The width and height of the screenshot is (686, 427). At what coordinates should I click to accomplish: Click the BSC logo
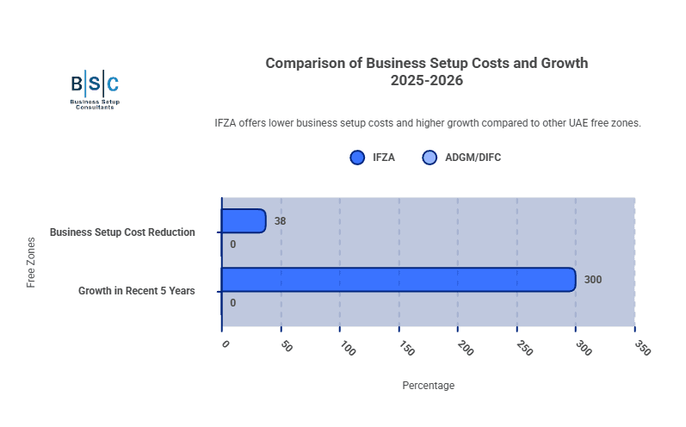(95, 90)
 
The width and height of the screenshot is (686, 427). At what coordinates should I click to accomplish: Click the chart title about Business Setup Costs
(426, 71)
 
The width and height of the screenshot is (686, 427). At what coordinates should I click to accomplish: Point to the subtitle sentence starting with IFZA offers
(427, 123)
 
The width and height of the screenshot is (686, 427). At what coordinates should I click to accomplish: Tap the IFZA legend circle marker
(358, 158)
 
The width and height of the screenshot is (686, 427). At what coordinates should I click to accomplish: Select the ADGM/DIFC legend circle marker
(430, 158)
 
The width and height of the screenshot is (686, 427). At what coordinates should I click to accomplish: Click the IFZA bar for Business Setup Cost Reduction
(244, 221)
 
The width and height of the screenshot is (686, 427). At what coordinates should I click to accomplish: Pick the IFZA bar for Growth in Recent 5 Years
(399, 280)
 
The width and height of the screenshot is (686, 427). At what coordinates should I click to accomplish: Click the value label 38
(280, 221)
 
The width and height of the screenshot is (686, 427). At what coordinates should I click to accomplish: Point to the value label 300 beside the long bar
(593, 280)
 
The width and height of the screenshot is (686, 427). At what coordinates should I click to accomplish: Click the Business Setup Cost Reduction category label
(122, 232)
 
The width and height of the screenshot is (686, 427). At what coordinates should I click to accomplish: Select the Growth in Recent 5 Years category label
(136, 291)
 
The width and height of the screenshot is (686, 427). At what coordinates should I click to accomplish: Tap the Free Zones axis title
(32, 262)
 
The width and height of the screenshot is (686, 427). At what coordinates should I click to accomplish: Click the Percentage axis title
(428, 386)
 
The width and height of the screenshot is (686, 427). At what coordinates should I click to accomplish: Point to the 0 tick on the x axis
(226, 344)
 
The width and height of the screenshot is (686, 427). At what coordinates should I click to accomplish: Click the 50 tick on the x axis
(287, 347)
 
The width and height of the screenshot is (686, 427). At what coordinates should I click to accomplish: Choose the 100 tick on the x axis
(347, 348)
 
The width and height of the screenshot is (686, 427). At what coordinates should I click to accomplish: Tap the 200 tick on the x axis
(465, 348)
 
